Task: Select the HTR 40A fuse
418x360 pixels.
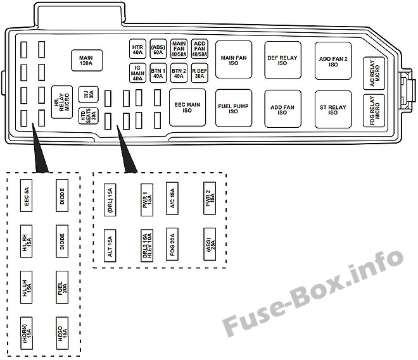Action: (x=137, y=49)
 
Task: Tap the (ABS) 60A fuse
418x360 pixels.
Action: (x=158, y=49)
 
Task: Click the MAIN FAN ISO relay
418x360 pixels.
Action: (x=234, y=60)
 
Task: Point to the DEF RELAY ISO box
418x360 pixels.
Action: (x=282, y=60)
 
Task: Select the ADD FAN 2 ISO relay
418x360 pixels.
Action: (x=333, y=60)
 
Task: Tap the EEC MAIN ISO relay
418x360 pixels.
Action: (x=187, y=108)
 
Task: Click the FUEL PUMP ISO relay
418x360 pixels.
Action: (x=234, y=108)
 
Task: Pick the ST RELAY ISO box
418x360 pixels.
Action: (x=333, y=108)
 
